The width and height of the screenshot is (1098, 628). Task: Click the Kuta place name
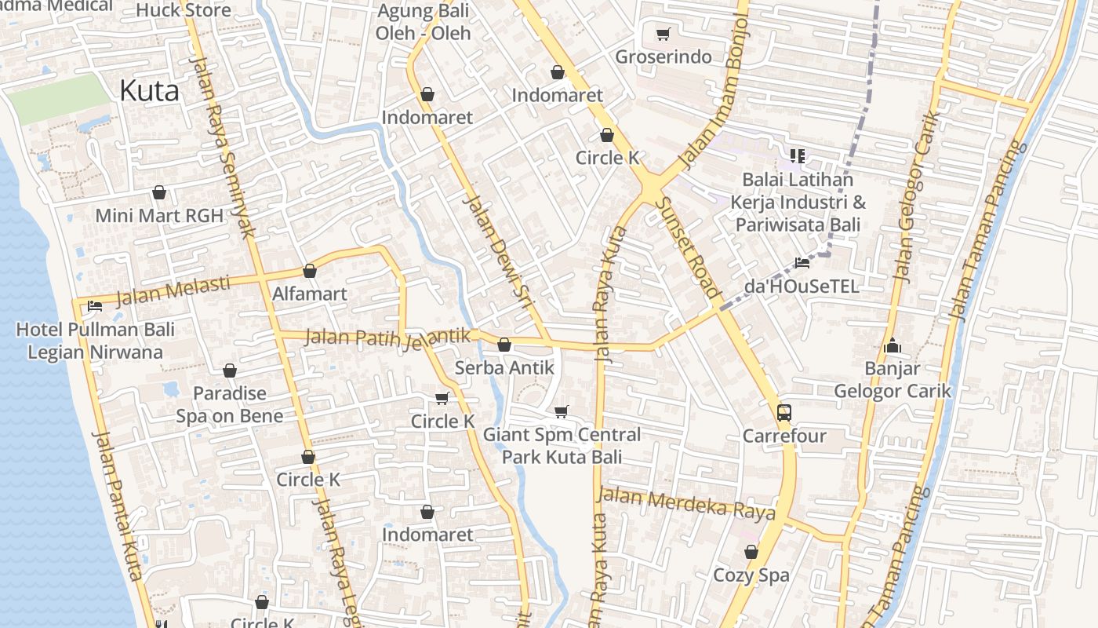tap(149, 91)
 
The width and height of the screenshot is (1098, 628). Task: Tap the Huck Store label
tap(184, 10)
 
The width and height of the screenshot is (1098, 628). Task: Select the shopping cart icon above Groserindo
tap(663, 34)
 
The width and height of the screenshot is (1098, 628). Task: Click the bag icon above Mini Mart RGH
tap(159, 192)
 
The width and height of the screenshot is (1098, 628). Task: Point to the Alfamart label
tap(309, 294)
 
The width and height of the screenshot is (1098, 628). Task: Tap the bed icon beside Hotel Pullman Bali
tap(95, 306)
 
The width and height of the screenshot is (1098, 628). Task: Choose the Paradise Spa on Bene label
tap(229, 404)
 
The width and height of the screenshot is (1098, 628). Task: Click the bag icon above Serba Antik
tap(504, 345)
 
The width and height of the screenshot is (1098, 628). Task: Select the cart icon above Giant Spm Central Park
tap(561, 411)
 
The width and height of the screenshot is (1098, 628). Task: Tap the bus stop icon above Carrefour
tap(784, 412)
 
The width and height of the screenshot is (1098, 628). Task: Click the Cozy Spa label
tap(751, 575)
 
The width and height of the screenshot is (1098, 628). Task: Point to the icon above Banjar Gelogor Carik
tap(892, 345)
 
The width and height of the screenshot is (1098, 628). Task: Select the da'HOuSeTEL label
tap(801, 286)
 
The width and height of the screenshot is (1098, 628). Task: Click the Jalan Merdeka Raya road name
tap(686, 504)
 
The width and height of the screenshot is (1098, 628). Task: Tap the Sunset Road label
tap(687, 246)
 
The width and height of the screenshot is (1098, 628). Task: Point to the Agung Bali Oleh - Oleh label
tap(423, 22)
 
